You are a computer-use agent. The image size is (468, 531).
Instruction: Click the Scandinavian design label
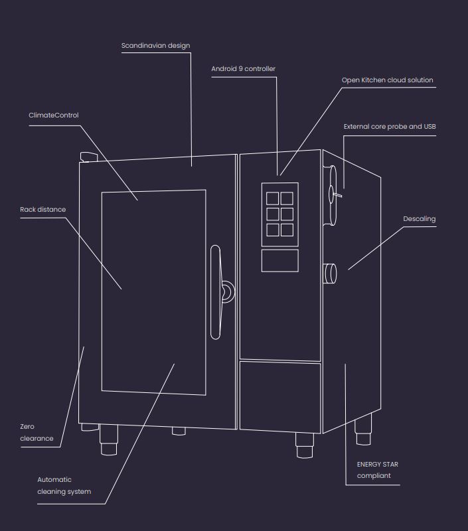click(x=155, y=46)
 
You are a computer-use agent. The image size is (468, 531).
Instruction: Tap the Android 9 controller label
click(x=243, y=68)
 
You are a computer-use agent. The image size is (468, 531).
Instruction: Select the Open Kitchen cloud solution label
click(x=387, y=80)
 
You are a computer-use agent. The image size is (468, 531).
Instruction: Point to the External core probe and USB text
click(x=390, y=126)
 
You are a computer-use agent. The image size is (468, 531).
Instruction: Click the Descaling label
click(x=420, y=218)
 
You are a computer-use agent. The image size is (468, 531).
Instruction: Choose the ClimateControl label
click(x=53, y=115)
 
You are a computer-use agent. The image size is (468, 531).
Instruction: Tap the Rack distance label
click(x=43, y=210)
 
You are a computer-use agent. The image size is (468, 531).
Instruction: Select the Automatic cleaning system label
click(x=64, y=485)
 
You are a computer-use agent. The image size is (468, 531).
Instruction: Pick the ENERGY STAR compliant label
click(x=378, y=470)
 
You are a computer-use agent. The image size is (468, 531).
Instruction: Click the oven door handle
click(x=215, y=292)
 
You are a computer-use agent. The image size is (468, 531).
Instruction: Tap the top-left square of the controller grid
click(x=273, y=198)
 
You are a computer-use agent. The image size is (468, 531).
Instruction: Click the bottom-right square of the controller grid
click(x=287, y=230)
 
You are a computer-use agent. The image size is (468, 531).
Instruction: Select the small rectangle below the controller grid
click(x=279, y=260)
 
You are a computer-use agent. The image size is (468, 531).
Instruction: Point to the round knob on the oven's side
click(x=329, y=273)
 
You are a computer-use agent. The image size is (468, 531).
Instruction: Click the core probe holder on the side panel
click(x=332, y=194)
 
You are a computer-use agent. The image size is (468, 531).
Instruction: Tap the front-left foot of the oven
click(x=109, y=443)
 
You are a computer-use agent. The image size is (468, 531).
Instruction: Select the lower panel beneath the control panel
click(x=279, y=396)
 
